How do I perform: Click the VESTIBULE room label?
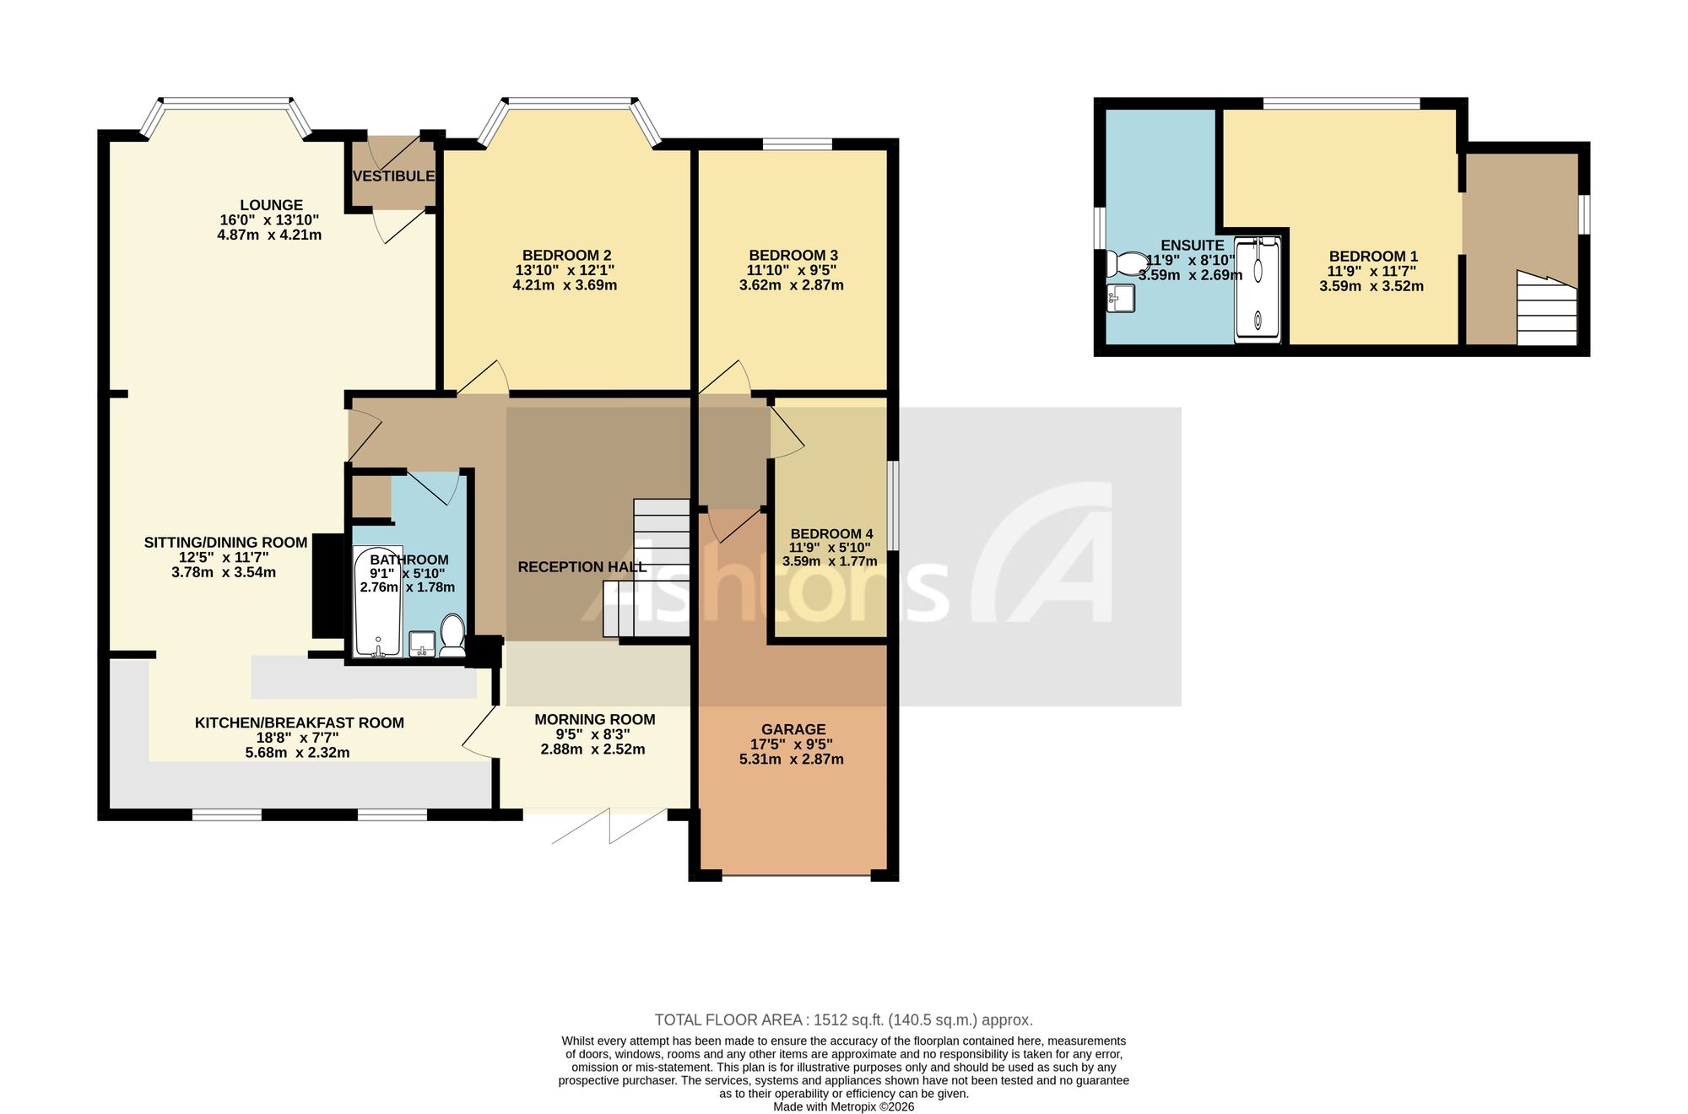pos(393,176)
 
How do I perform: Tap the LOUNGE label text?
pos(271,205)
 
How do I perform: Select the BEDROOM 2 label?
pos(566,256)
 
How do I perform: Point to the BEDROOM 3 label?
pos(793,256)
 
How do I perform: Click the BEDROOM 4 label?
pos(831,534)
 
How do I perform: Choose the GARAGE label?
pos(793,729)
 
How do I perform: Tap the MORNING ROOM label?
pos(595,720)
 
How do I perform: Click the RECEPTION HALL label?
pos(582,567)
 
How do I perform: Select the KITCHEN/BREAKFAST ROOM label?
pos(300,723)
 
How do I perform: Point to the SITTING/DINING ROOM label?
pos(225,543)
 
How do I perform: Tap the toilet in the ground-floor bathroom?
pos(452,635)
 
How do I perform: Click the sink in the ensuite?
pos(1121,299)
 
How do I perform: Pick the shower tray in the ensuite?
pos(1258,289)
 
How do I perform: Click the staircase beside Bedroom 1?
pos(1547,308)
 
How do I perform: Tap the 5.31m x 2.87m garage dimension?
pos(792,760)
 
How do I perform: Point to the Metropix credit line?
pos(844,1107)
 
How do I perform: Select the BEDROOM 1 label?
pos(1373,257)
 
